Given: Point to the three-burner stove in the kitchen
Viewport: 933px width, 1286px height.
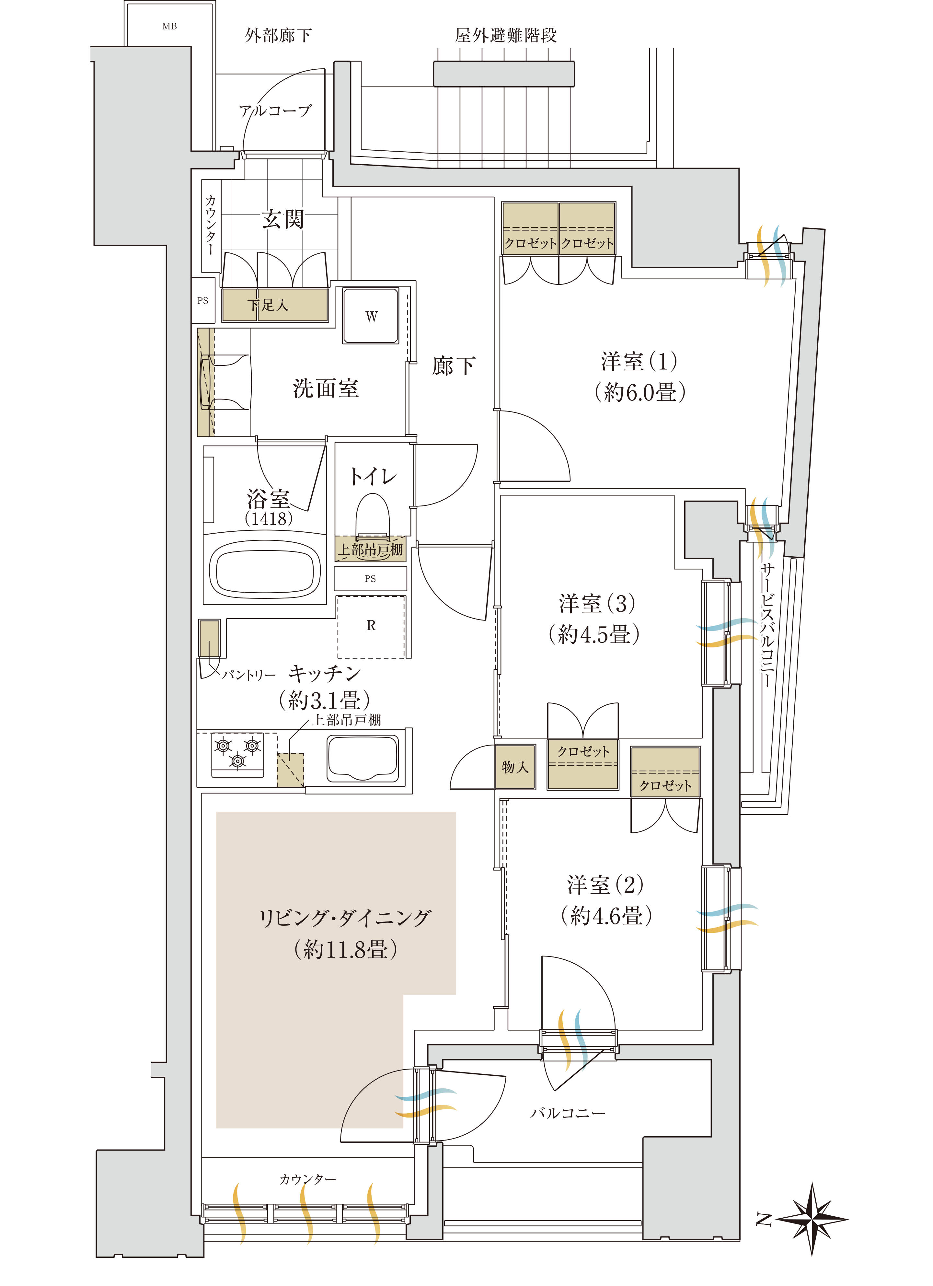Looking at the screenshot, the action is click(x=237, y=754).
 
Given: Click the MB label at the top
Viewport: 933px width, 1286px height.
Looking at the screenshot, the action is click(x=169, y=26).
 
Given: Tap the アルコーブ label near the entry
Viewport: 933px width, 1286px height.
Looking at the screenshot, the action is click(x=275, y=110).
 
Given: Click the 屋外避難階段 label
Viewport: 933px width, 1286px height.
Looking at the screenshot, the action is click(x=506, y=35).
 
